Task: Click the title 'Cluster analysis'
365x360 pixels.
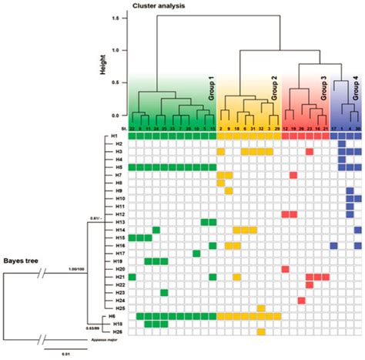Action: click(x=156, y=6)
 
